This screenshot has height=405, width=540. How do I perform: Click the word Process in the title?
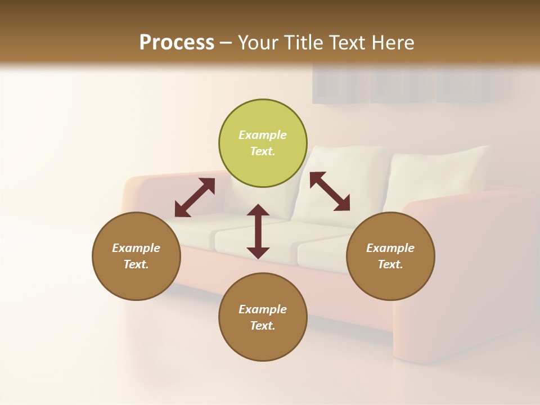[177, 43]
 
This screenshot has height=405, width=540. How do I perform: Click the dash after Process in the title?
[226, 44]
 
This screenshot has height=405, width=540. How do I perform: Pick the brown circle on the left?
[136, 256]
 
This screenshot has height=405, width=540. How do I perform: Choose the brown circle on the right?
[390, 256]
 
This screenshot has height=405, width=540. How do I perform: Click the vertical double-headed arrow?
[258, 231]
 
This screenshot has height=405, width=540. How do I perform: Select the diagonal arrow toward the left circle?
[195, 197]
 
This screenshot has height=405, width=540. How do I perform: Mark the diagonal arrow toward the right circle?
[330, 191]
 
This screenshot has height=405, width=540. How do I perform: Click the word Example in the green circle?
[263, 135]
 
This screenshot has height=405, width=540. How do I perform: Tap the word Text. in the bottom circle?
[263, 326]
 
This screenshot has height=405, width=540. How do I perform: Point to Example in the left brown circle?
[136, 248]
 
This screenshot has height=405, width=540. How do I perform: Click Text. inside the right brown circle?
[390, 264]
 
